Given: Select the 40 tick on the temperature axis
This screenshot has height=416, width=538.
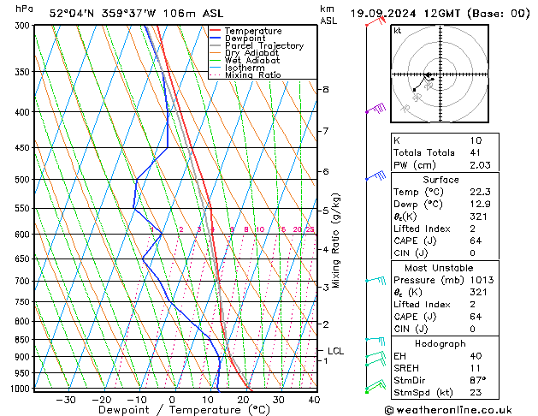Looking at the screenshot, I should click(x=314, y=400).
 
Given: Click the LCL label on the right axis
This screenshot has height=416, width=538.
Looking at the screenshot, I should click(x=336, y=351).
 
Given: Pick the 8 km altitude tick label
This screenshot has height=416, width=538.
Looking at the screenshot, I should click(x=326, y=89).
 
